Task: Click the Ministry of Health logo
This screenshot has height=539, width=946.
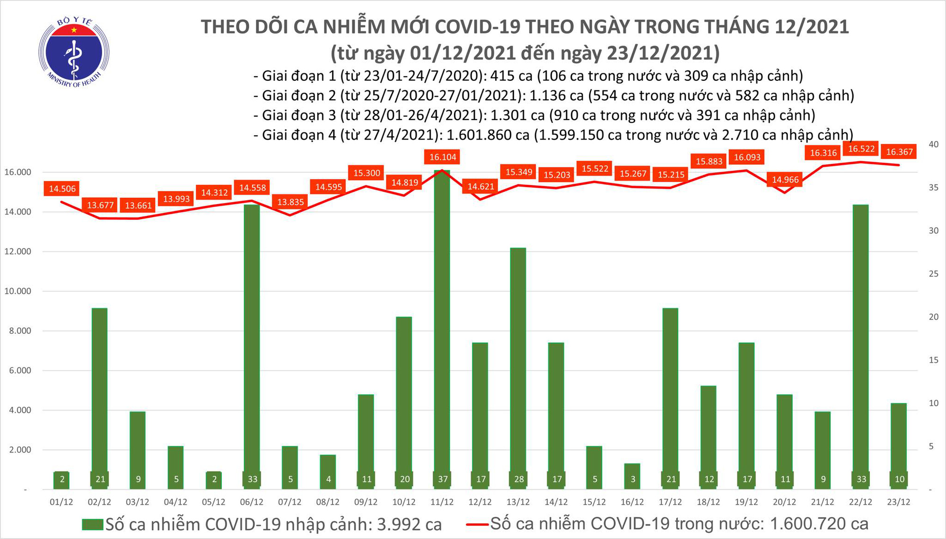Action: (74, 52)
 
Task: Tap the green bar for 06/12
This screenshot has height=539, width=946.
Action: (252, 340)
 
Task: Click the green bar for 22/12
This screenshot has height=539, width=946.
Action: (861, 340)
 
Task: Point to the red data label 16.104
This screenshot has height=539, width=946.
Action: (443, 157)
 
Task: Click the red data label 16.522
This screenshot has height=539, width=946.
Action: (861, 149)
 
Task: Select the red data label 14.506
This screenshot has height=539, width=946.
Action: (62, 189)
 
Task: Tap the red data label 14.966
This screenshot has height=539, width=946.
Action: (785, 180)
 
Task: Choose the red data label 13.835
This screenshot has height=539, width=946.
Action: (290, 202)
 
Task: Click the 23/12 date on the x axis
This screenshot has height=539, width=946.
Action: (899, 502)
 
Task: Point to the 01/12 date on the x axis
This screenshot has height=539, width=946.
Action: (61, 502)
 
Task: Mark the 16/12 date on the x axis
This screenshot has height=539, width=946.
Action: (632, 502)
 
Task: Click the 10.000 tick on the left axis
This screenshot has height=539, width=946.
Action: (18, 291)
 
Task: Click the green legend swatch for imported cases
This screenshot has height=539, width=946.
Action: (92, 524)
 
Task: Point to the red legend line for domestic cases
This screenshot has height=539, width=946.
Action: (477, 524)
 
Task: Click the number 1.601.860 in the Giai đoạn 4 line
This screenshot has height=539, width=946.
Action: (488, 135)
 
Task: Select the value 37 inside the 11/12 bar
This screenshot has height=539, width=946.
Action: (443, 479)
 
